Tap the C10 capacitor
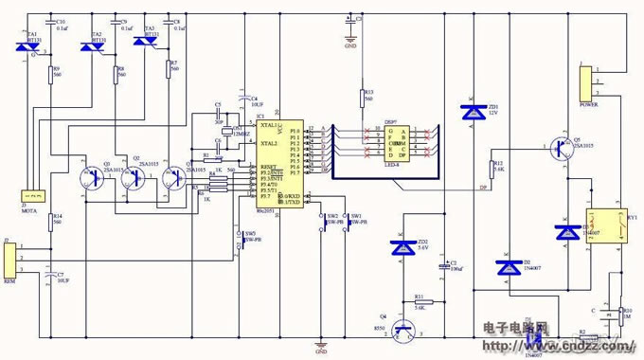[x=50, y=26]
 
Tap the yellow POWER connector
[x=588, y=83]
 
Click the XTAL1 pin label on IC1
[x=269, y=125]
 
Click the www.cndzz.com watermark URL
[x=572, y=345]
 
